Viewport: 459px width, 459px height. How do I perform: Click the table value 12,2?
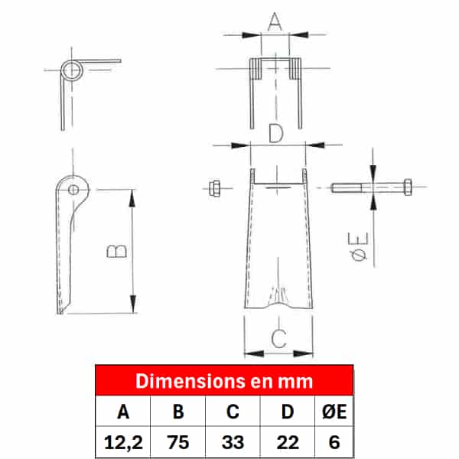(123, 442)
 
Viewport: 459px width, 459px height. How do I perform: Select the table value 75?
(178, 442)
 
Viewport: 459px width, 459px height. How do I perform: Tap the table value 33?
(233, 442)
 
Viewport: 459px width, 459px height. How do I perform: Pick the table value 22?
(288, 442)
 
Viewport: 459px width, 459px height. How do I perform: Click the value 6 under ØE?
(334, 442)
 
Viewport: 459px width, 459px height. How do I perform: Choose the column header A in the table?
(123, 412)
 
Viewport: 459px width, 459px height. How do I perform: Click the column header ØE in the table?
(334, 412)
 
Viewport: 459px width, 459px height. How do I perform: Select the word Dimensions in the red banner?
(190, 381)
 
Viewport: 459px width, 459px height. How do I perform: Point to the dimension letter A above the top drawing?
(275, 21)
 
